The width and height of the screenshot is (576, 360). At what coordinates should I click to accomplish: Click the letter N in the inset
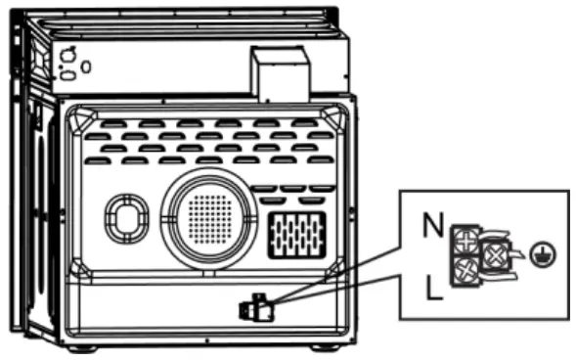(429, 227)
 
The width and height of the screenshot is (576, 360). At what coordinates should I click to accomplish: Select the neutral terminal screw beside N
(466, 238)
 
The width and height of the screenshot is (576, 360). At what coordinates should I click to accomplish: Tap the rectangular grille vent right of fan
(295, 233)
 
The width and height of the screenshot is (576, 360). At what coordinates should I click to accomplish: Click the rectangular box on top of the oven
(281, 74)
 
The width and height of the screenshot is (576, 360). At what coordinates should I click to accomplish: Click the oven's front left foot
(82, 349)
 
